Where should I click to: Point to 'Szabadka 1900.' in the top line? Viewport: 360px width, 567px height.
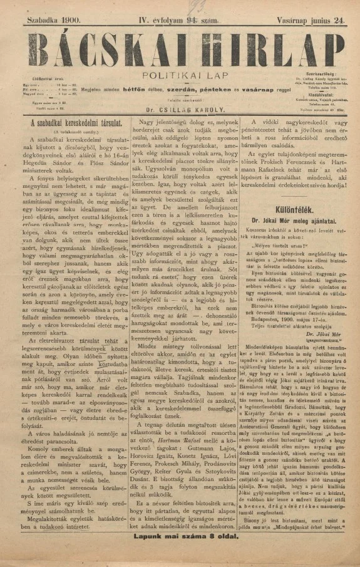click(54, 21)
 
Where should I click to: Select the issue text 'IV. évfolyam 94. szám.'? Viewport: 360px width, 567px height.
click(179, 21)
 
